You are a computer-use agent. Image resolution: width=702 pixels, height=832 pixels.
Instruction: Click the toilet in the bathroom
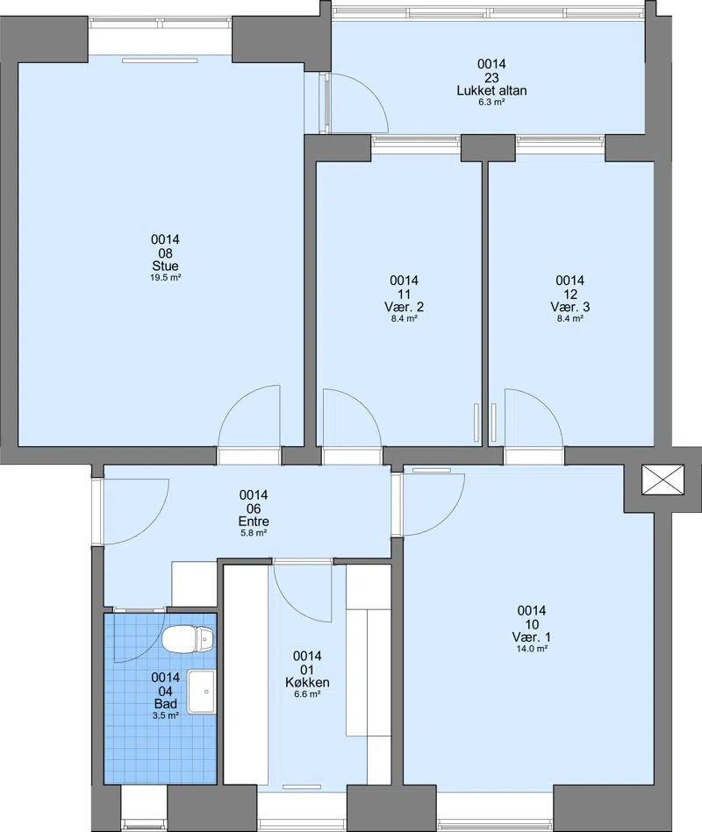pyautogui.click(x=188, y=639)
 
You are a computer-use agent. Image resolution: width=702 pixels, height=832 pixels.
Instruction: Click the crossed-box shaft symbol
pyautogui.click(x=663, y=480)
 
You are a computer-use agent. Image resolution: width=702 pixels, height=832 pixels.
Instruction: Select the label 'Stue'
pyautogui.click(x=165, y=266)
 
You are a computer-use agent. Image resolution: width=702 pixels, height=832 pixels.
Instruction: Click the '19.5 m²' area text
pyautogui.click(x=166, y=278)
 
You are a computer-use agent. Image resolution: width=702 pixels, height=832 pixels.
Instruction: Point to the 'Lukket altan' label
pyautogui.click(x=491, y=90)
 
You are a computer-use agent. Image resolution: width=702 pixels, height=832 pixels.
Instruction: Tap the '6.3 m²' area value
pyautogui.click(x=491, y=102)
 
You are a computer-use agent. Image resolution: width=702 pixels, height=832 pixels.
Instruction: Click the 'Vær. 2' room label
pyautogui.click(x=405, y=307)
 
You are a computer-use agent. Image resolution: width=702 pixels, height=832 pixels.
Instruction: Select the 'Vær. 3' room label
pyautogui.click(x=569, y=307)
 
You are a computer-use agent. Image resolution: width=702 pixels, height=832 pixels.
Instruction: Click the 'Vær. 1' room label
pyautogui.click(x=532, y=636)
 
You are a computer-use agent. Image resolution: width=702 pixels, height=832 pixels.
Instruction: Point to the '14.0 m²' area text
pyautogui.click(x=532, y=649)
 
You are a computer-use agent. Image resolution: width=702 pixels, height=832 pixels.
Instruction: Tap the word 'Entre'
pyautogui.click(x=254, y=521)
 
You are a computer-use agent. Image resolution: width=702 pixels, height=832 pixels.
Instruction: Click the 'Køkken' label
pyautogui.click(x=307, y=682)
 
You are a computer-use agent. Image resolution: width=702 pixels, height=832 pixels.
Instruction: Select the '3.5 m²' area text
pyautogui.click(x=166, y=715)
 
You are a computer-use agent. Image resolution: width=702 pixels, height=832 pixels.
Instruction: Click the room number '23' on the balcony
pyautogui.click(x=491, y=77)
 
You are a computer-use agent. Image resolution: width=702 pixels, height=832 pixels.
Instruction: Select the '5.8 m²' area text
pyautogui.click(x=254, y=533)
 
